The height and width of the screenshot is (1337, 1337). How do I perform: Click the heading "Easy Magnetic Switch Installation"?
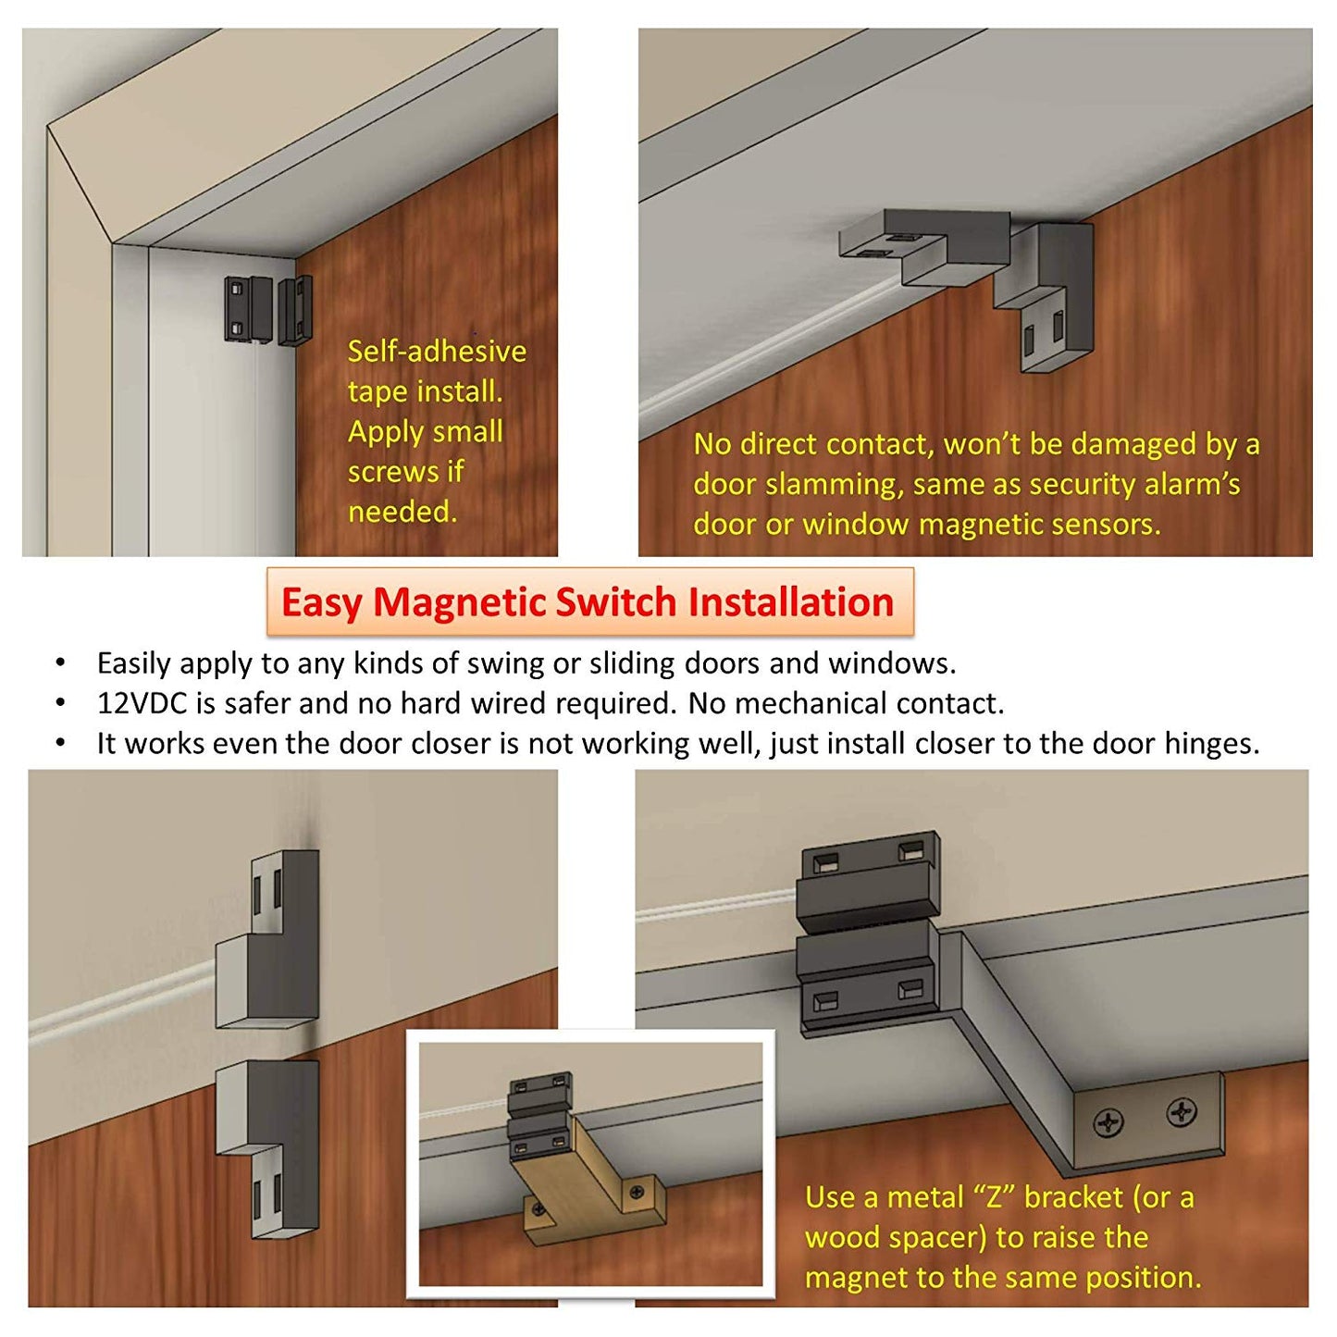pos(588,602)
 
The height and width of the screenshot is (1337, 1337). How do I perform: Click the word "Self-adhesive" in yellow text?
pos(437,352)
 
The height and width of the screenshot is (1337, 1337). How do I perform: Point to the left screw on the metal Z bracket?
pos(1108,1123)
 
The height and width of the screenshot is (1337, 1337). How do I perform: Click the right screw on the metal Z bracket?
pos(1181,1112)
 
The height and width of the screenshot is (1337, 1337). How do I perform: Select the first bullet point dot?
pos(61,663)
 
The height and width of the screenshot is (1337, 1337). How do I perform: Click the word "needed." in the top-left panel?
pos(402,512)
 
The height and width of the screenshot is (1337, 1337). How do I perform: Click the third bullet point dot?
pos(61,744)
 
